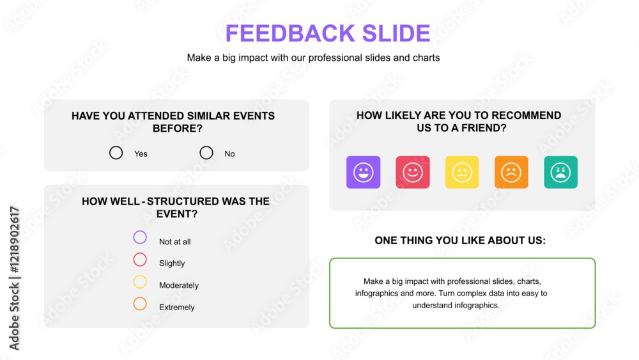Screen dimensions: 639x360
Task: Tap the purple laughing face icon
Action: click(363, 172)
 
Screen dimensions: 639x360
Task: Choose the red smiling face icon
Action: click(412, 172)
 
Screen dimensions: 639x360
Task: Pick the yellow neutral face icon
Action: click(462, 172)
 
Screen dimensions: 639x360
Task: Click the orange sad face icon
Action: click(511, 172)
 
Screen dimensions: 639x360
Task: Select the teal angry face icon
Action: click(560, 172)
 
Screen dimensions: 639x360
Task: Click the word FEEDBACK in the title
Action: click(291, 33)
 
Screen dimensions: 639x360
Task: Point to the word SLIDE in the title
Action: click(396, 33)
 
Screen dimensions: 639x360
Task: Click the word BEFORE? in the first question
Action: click(177, 129)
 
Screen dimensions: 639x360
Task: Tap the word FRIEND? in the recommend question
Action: click(484, 128)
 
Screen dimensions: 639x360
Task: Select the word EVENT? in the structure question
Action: click(177, 214)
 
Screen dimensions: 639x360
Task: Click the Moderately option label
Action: click(179, 285)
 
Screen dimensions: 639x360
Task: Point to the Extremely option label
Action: click(177, 308)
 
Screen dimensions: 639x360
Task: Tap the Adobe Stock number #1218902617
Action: click(14, 240)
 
